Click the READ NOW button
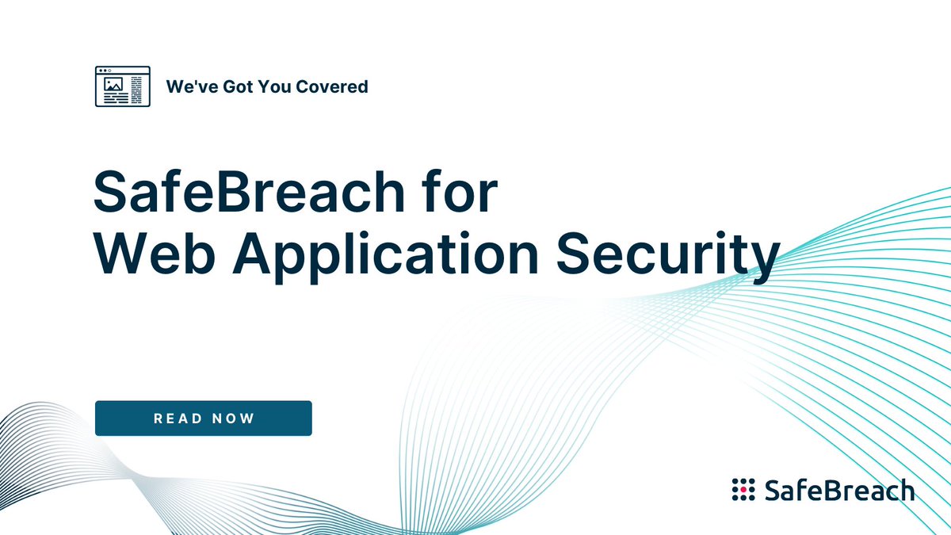pyautogui.click(x=203, y=418)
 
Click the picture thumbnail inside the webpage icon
pyautogui.click(x=113, y=82)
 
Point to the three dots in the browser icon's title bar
pyautogui.click(x=105, y=71)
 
